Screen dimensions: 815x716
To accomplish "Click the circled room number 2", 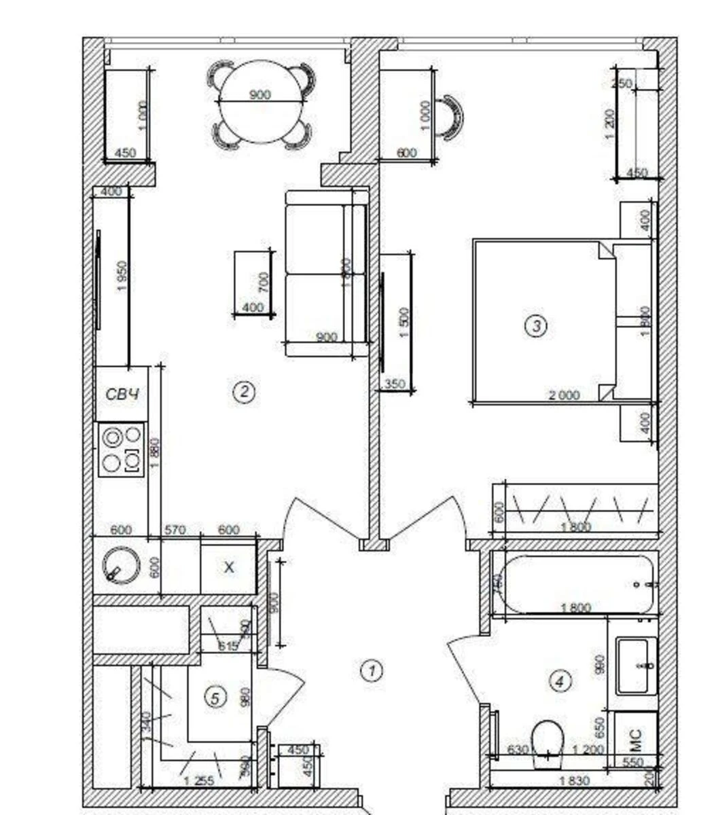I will [x=243, y=391].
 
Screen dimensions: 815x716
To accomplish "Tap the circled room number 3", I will [x=536, y=326].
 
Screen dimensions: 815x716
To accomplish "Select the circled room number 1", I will [x=371, y=670].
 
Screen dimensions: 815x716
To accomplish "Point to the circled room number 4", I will [x=560, y=681].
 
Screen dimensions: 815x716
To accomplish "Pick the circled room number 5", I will [x=215, y=698].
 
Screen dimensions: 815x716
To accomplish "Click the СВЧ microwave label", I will [x=122, y=394].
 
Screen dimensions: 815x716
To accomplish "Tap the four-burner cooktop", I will [x=122, y=449].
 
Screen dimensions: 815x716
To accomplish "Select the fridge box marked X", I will [x=229, y=567].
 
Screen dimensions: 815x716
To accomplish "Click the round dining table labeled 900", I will [x=260, y=102].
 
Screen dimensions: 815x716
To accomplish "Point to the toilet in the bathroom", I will [x=548, y=742].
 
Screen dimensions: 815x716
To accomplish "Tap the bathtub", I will [x=577, y=584].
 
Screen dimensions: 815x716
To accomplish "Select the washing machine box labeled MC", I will [x=636, y=736].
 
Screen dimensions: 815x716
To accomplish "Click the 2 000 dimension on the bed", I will [x=565, y=395].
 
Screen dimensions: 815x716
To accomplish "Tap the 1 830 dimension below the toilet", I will [x=575, y=781].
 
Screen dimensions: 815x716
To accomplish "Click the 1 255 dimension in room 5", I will [x=199, y=782].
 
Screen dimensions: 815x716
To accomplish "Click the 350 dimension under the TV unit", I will [x=395, y=384].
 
